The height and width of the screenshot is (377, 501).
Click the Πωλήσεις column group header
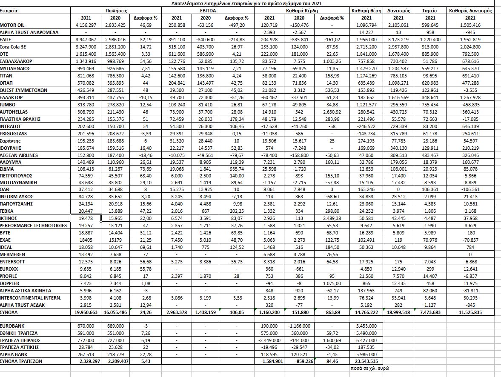[x=115, y=10]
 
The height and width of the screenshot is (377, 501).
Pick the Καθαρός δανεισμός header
[x=470, y=10]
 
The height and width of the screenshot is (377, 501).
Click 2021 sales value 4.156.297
[x=86, y=25]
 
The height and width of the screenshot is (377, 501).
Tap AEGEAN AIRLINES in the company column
[x=19, y=155]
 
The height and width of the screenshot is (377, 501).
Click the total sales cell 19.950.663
[x=86, y=313]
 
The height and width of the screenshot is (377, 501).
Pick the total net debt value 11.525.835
[x=470, y=313]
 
